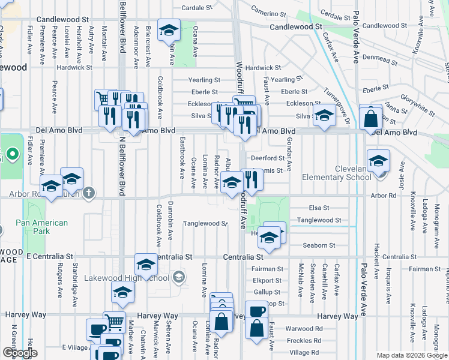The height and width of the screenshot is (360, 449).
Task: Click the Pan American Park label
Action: point(41,227)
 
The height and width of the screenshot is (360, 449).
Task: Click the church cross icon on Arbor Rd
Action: point(89,193)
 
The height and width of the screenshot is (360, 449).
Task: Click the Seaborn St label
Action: point(319,245)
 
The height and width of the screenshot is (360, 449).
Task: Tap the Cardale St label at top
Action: point(197,8)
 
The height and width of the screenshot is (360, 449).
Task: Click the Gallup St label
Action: point(267,292)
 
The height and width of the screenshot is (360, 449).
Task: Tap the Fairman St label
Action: point(268,269)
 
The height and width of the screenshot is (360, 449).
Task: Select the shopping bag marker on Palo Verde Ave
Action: point(371,117)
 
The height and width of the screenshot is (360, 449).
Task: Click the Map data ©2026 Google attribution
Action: point(411,355)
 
